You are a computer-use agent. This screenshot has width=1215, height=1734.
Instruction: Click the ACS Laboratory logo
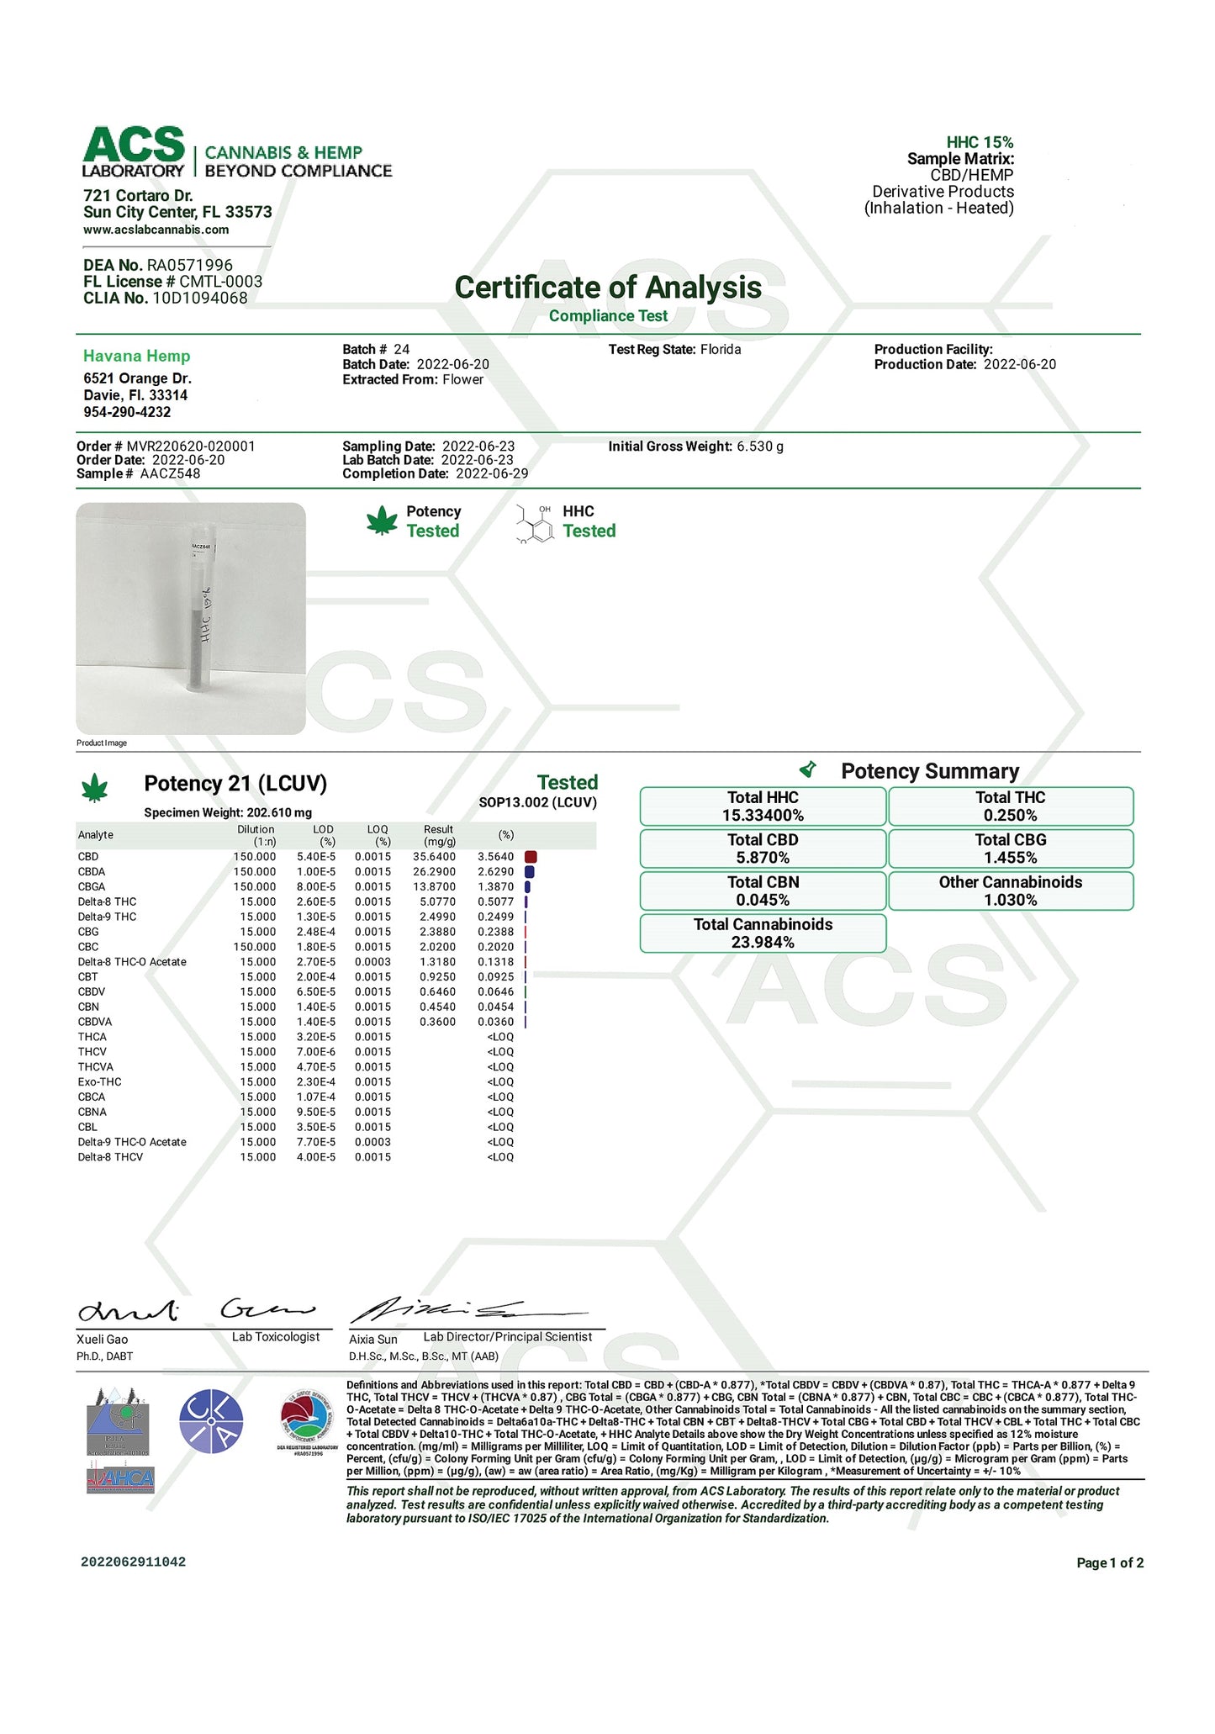pos(135,151)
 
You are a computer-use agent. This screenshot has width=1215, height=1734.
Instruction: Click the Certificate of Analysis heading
pos(608,288)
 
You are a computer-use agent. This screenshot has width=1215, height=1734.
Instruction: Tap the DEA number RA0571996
pos(190,266)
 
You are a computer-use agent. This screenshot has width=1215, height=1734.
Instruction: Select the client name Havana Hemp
pos(137,356)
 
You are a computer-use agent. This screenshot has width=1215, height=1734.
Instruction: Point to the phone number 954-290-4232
pos(127,412)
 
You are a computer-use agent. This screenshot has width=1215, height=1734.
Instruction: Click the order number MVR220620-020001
pos(191,447)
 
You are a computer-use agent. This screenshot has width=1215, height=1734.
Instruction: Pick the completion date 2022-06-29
pos(492,474)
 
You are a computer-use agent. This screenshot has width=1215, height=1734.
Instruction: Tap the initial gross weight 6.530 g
pos(760,447)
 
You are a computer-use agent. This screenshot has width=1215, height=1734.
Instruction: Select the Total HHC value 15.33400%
pos(763,816)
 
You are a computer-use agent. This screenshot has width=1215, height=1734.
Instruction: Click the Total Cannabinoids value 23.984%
pos(763,943)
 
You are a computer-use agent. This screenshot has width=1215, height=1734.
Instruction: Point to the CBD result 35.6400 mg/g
pos(435,857)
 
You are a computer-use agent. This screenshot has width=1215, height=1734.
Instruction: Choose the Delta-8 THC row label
pos(107,901)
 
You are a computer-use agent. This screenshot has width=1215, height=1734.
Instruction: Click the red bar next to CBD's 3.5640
pos(531,857)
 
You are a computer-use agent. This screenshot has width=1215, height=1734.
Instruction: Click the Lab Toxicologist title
pos(276,1337)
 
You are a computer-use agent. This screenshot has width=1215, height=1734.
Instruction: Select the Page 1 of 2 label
pos(1110,1563)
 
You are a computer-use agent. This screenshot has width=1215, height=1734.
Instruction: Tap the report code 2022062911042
pos(133,1562)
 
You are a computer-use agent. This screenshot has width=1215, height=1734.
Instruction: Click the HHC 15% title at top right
pos(980,143)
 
